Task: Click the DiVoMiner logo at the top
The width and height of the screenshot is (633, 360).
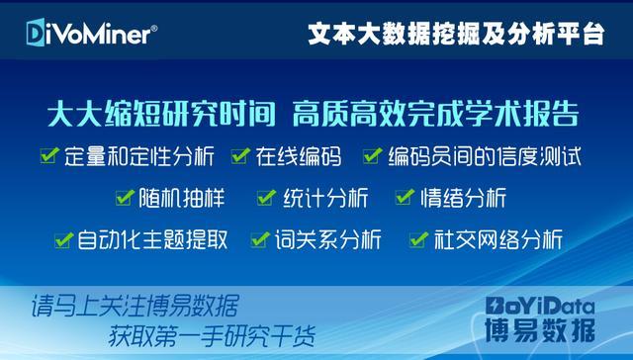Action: click(86, 35)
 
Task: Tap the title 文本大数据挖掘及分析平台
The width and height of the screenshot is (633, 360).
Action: click(455, 35)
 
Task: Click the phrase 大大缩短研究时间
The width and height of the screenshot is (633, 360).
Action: click(159, 114)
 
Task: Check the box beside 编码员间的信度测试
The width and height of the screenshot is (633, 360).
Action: click(372, 155)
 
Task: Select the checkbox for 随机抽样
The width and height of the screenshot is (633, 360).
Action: click(124, 197)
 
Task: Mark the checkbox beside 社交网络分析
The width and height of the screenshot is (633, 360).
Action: click(418, 239)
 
